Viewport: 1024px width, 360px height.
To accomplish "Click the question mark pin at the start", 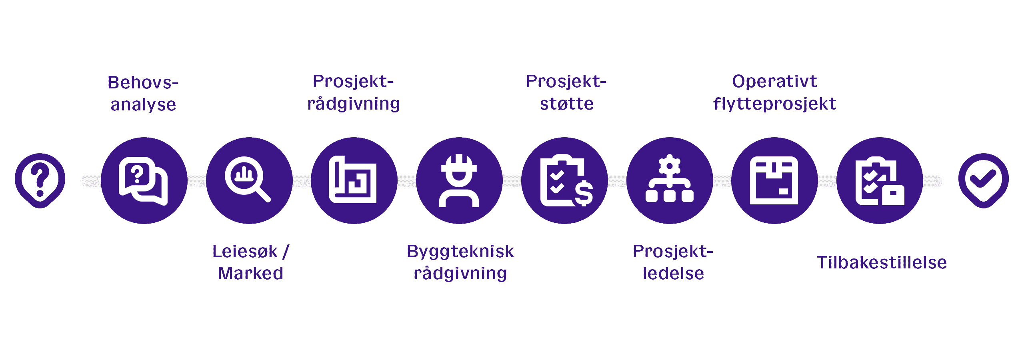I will click(40, 180).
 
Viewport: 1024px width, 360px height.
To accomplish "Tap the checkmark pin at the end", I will click(983, 180).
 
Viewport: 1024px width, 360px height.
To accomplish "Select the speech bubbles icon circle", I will click(144, 180).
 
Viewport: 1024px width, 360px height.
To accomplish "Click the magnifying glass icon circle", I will click(249, 180).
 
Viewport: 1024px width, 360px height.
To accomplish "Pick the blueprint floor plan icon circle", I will click(354, 180).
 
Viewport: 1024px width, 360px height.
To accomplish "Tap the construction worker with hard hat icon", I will click(459, 180).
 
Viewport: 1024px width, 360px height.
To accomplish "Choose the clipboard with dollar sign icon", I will click(564, 180).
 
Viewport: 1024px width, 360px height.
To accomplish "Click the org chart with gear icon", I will click(670, 180).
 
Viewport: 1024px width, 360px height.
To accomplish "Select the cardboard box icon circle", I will click(774, 180).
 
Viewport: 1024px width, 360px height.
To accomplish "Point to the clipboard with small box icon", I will click(880, 180).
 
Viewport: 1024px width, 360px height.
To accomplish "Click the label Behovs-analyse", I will click(143, 94).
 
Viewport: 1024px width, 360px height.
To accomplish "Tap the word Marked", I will click(250, 274).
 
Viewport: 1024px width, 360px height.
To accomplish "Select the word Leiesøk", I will click(245, 252).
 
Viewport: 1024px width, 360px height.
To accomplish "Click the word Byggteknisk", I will click(460, 252).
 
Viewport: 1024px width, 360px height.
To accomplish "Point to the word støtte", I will click(567, 104).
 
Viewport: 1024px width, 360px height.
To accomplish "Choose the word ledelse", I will click(673, 274).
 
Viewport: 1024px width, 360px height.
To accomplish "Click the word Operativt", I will click(774, 82).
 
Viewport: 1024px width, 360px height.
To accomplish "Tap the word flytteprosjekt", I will click(774, 104).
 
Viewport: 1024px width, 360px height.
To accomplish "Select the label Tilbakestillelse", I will click(882, 263).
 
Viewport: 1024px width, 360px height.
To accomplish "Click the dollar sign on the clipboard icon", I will click(584, 193).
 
